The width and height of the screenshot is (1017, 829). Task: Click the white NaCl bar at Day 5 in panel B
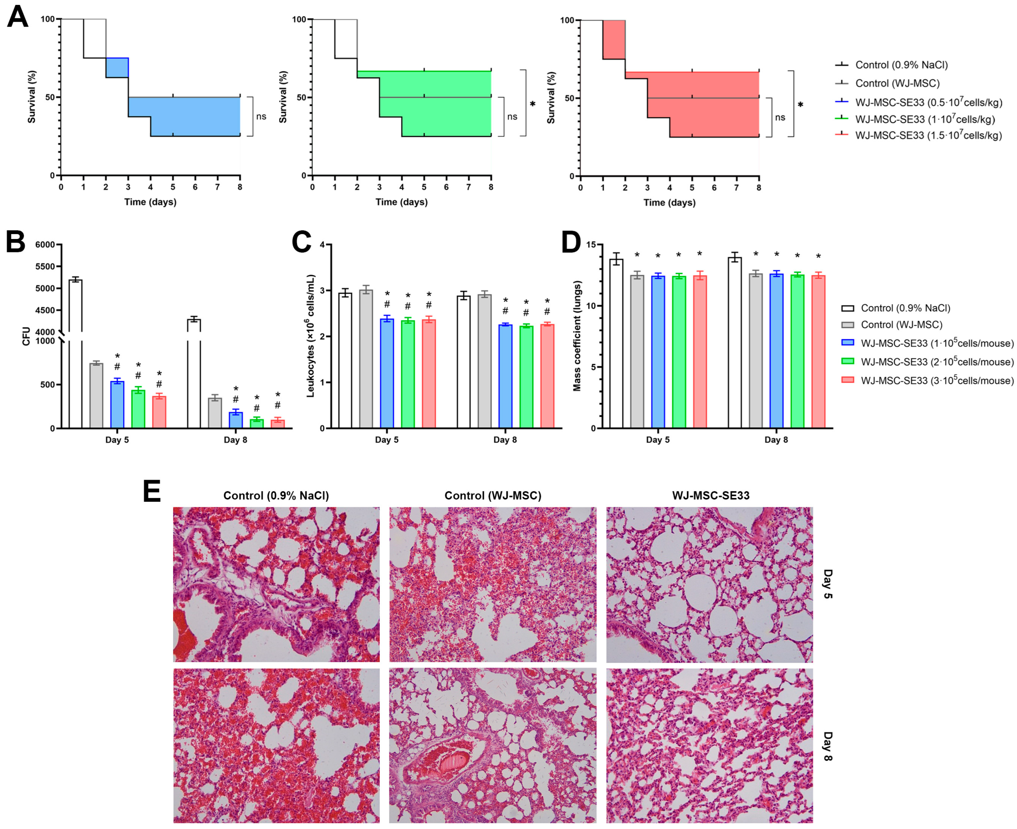coord(75,354)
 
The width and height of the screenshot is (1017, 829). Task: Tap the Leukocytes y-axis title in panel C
coord(311,336)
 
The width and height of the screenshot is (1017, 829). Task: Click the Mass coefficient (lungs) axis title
coord(577,336)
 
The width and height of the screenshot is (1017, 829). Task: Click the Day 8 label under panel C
coord(505,440)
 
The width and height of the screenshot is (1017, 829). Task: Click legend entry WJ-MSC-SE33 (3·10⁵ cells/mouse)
coord(937,381)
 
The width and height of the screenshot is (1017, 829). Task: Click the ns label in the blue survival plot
coord(261,116)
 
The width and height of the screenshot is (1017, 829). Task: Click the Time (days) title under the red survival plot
coord(669,203)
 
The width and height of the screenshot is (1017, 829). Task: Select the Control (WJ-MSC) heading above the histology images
coord(493,496)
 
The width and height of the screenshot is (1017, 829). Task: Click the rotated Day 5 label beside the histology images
coord(828,584)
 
